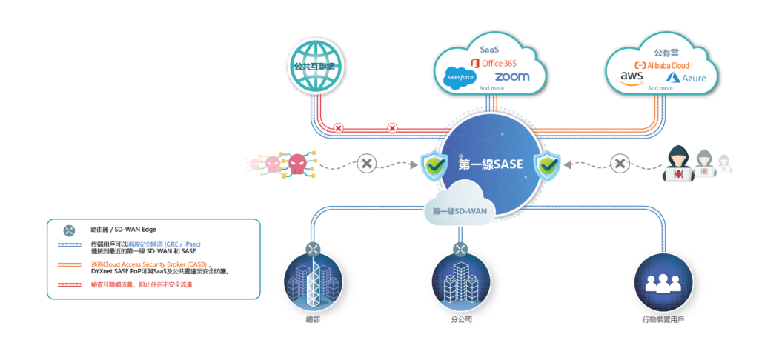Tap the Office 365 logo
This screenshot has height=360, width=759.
click(494, 64)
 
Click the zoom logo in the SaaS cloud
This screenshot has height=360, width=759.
click(511, 77)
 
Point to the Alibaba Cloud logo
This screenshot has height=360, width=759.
click(662, 65)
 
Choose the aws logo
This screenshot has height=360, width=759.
click(632, 78)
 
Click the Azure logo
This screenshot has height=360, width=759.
click(686, 78)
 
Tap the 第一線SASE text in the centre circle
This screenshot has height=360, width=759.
click(491, 164)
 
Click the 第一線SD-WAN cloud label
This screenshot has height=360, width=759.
click(460, 211)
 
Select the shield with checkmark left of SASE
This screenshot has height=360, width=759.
click(434, 165)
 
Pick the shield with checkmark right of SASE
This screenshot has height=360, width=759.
click(547, 165)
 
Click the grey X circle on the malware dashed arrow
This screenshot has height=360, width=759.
click(367, 164)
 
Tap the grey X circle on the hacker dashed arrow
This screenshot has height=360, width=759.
click(619, 164)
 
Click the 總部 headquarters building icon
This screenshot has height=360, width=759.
click(313, 281)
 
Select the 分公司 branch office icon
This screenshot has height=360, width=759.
click(460, 281)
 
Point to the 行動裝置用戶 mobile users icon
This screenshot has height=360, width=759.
click(663, 281)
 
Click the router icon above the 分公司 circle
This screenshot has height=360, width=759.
click(460, 250)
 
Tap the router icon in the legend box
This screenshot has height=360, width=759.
click(70, 231)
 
